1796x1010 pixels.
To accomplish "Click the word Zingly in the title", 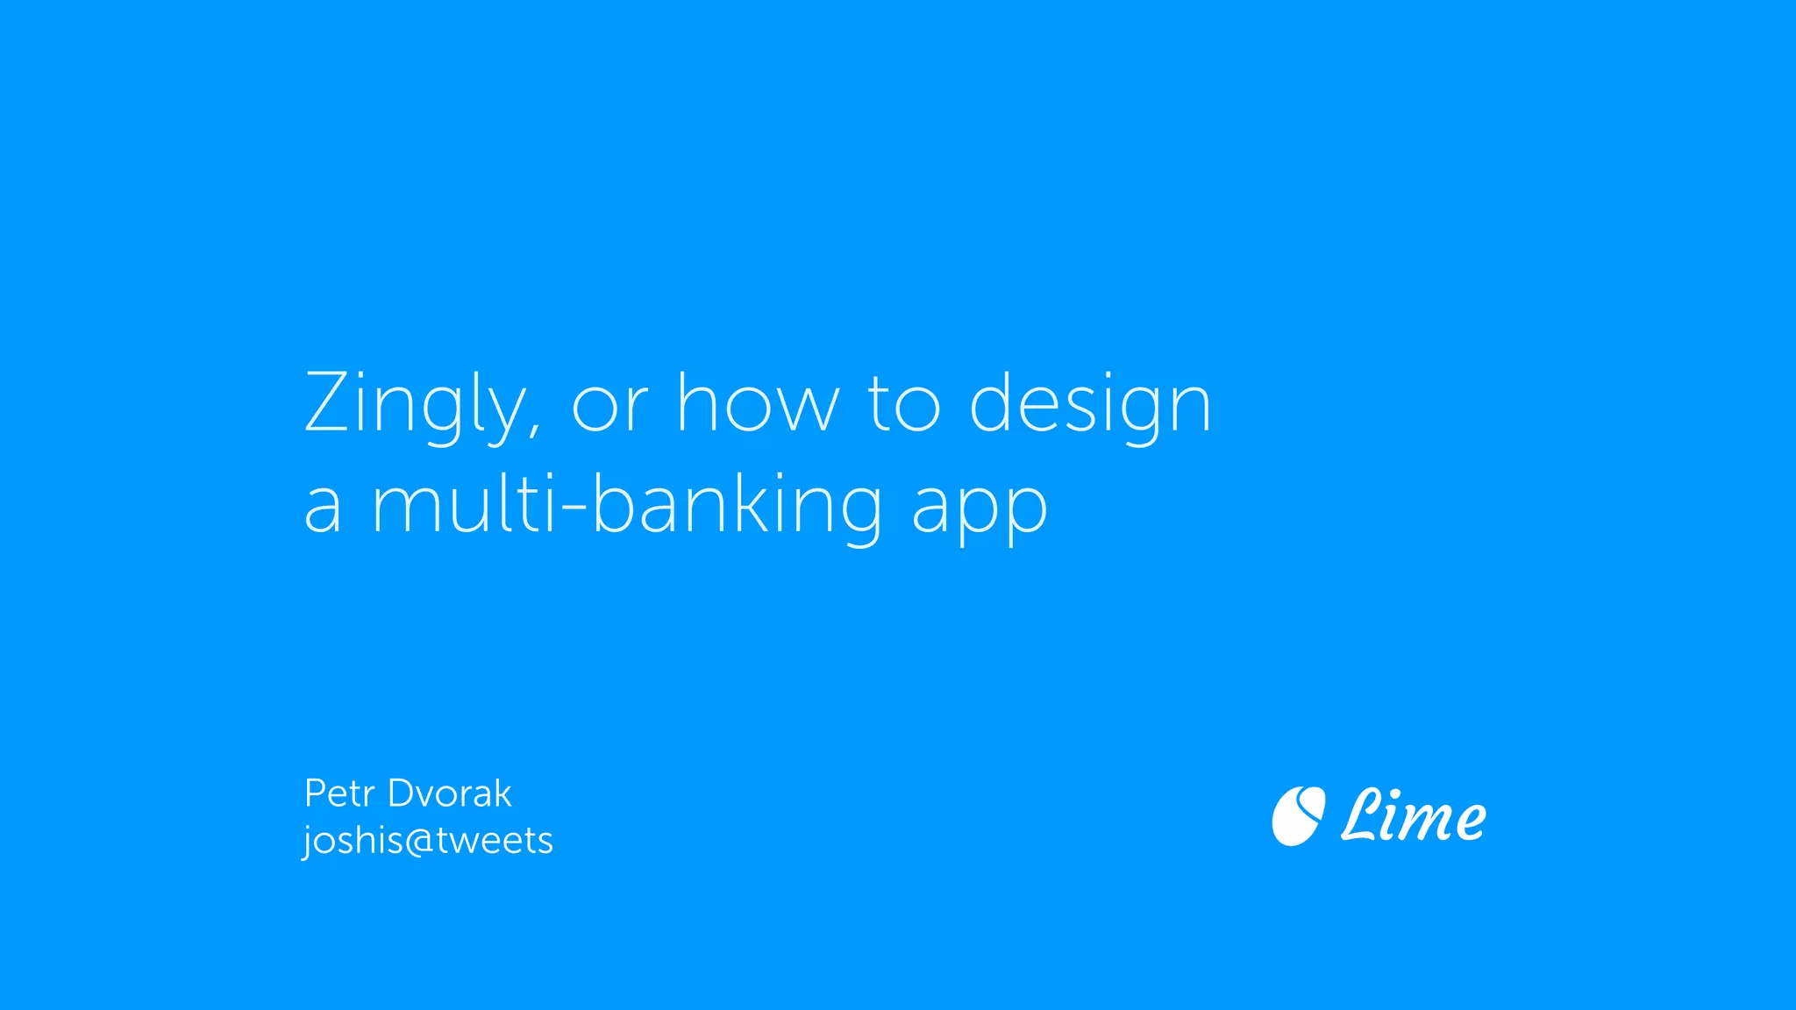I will click(x=416, y=405).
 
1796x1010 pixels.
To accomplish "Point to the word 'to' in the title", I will click(x=903, y=404).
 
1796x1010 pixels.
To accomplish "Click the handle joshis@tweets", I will click(x=428, y=841).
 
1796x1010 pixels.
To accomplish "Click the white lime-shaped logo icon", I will click(x=1298, y=816).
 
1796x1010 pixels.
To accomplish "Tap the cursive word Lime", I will click(x=1414, y=816).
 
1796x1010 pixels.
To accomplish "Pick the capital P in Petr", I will click(x=314, y=793).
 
